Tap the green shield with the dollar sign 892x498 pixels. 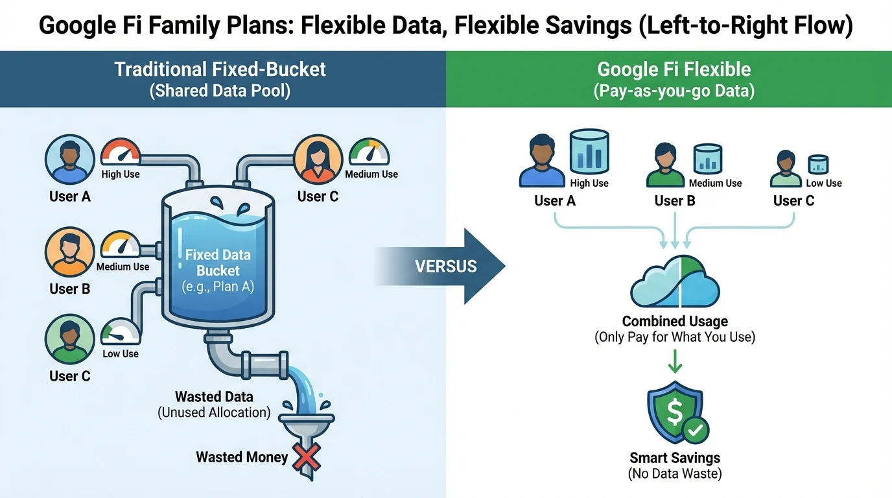674,412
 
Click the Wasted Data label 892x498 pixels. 214,397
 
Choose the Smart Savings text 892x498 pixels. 675,457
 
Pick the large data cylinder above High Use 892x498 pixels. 589,151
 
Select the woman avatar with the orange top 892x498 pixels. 318,159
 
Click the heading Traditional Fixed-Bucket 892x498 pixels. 220,69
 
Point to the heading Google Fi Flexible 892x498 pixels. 674,69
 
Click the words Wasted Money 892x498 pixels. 242,457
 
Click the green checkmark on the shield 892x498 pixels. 697,429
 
